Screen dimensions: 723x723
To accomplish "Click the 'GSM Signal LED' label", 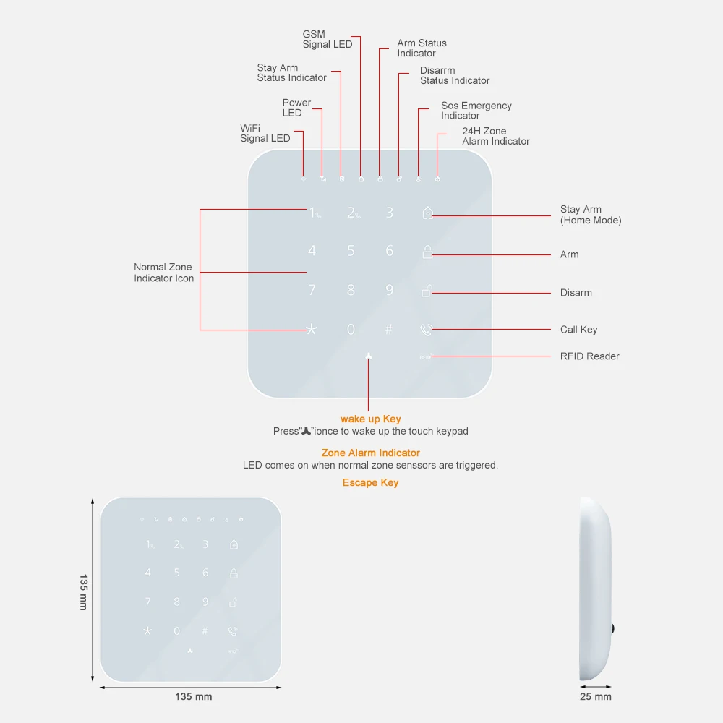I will [x=328, y=39].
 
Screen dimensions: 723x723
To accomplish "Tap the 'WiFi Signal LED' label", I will [x=265, y=133].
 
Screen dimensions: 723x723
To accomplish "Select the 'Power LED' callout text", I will [x=296, y=108].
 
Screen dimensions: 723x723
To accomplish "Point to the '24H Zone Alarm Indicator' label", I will [x=495, y=136].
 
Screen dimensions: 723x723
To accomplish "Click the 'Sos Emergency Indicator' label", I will [x=476, y=111].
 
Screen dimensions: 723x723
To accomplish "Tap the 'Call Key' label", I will [x=578, y=330].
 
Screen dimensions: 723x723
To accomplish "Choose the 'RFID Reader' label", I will [x=589, y=356].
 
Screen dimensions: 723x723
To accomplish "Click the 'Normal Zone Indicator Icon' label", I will [x=163, y=273].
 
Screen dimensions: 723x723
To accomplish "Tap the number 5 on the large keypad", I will [x=351, y=251].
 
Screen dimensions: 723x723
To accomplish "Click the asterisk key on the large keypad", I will [x=312, y=329].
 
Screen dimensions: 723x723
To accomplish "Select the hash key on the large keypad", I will [x=389, y=329].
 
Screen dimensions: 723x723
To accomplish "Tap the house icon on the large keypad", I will [x=427, y=213].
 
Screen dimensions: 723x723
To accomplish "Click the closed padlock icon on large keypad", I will [x=427, y=252].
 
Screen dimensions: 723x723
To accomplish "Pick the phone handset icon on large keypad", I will [x=426, y=330].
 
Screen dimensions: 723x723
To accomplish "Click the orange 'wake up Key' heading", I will [x=370, y=419].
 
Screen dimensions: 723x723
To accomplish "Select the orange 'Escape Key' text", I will [x=370, y=483].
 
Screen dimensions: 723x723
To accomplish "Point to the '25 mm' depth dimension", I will [x=596, y=697].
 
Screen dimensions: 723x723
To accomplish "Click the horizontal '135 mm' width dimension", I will [x=194, y=697].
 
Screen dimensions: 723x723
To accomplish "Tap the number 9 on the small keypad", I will [x=205, y=602].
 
